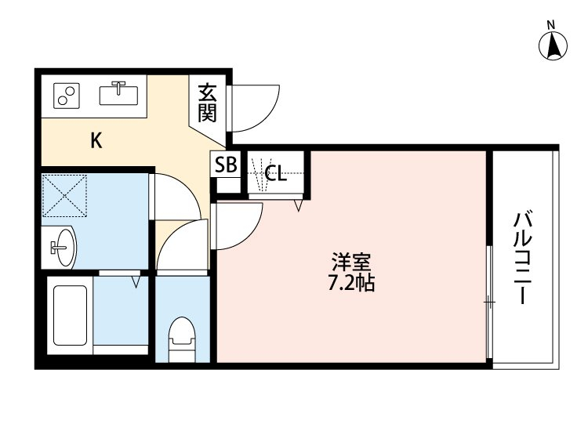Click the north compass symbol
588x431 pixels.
[554, 47]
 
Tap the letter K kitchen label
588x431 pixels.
[96, 141]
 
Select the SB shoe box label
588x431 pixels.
[226, 166]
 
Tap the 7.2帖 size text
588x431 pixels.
[350, 283]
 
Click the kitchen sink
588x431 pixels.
[119, 93]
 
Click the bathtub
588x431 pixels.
[69, 317]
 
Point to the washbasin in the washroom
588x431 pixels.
[61, 248]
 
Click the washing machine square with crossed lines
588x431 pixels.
[66, 196]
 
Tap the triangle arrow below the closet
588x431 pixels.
[299, 206]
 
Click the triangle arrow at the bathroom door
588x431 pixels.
[136, 279]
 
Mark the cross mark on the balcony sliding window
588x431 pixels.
[489, 302]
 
